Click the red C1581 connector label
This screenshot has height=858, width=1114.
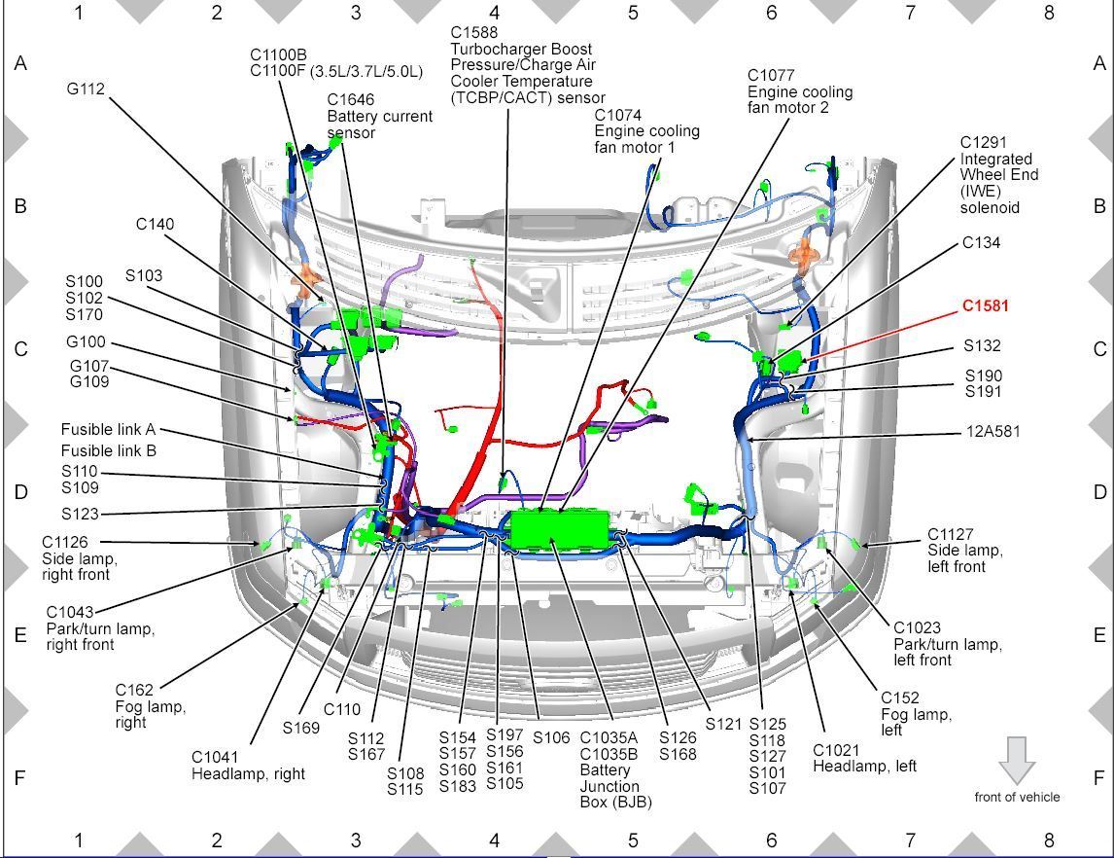pos(985,305)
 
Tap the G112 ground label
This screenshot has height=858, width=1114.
pos(86,89)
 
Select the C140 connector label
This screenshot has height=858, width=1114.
pos(155,225)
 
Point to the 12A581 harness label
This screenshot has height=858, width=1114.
pos(992,431)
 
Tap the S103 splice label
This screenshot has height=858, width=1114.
pos(144,275)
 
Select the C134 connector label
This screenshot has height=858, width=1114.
pos(981,242)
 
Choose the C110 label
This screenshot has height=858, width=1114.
pos(341,710)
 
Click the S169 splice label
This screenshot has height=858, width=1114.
pos(301,727)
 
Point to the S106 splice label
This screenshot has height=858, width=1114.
pos(550,737)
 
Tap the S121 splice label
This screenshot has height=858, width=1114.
pos(723,724)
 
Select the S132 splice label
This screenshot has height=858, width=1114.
pos(982,345)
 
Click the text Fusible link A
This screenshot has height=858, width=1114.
pos(108,429)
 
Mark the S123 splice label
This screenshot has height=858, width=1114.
pos(80,514)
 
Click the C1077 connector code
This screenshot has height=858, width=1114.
pos(771,75)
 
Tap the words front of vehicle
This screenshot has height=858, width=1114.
pos(1017,797)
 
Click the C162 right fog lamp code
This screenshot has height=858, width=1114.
pos(134,691)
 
